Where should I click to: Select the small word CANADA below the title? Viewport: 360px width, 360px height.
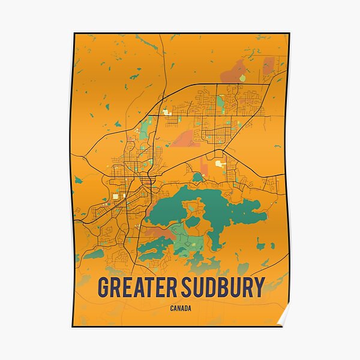(181, 309)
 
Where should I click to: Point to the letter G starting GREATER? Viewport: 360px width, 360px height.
(104, 288)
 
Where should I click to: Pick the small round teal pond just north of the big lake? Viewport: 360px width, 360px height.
(197, 177)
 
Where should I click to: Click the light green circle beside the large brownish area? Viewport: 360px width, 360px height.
(242, 78)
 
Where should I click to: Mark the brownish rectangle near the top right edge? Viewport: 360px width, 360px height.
(268, 65)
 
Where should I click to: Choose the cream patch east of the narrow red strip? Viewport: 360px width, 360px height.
(221, 163)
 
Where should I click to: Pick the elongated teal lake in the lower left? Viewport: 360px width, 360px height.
(93, 254)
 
